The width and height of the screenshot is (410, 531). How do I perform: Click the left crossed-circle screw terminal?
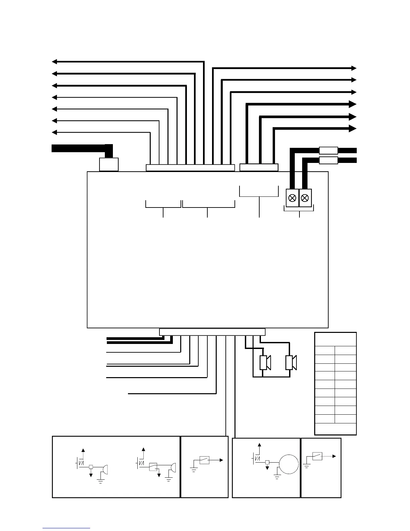(x=292, y=198)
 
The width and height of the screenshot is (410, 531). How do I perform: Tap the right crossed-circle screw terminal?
(x=305, y=198)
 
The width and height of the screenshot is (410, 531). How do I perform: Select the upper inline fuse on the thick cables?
(x=328, y=150)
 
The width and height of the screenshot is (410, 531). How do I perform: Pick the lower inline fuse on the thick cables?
(x=328, y=160)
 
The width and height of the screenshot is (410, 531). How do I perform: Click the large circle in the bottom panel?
(x=288, y=464)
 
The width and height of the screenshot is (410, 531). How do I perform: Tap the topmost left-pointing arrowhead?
(x=54, y=62)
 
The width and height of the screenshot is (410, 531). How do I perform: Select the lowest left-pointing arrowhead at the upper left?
(x=54, y=132)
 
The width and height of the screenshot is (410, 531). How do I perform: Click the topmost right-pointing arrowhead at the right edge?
(x=354, y=68)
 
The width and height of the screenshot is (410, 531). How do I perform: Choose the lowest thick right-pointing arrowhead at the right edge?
(x=352, y=129)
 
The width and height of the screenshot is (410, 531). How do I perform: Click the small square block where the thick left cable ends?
(x=109, y=165)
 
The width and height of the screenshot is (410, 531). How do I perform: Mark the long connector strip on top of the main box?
(x=190, y=168)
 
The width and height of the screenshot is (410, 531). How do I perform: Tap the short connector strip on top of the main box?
(x=259, y=168)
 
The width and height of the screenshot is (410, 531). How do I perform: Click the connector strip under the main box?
(x=212, y=332)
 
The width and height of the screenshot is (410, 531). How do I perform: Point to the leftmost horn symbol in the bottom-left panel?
(x=105, y=469)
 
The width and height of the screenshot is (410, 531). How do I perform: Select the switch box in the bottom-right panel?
(x=317, y=456)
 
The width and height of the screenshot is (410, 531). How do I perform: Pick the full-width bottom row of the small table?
(x=335, y=429)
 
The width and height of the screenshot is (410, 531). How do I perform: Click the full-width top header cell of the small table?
(x=335, y=339)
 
